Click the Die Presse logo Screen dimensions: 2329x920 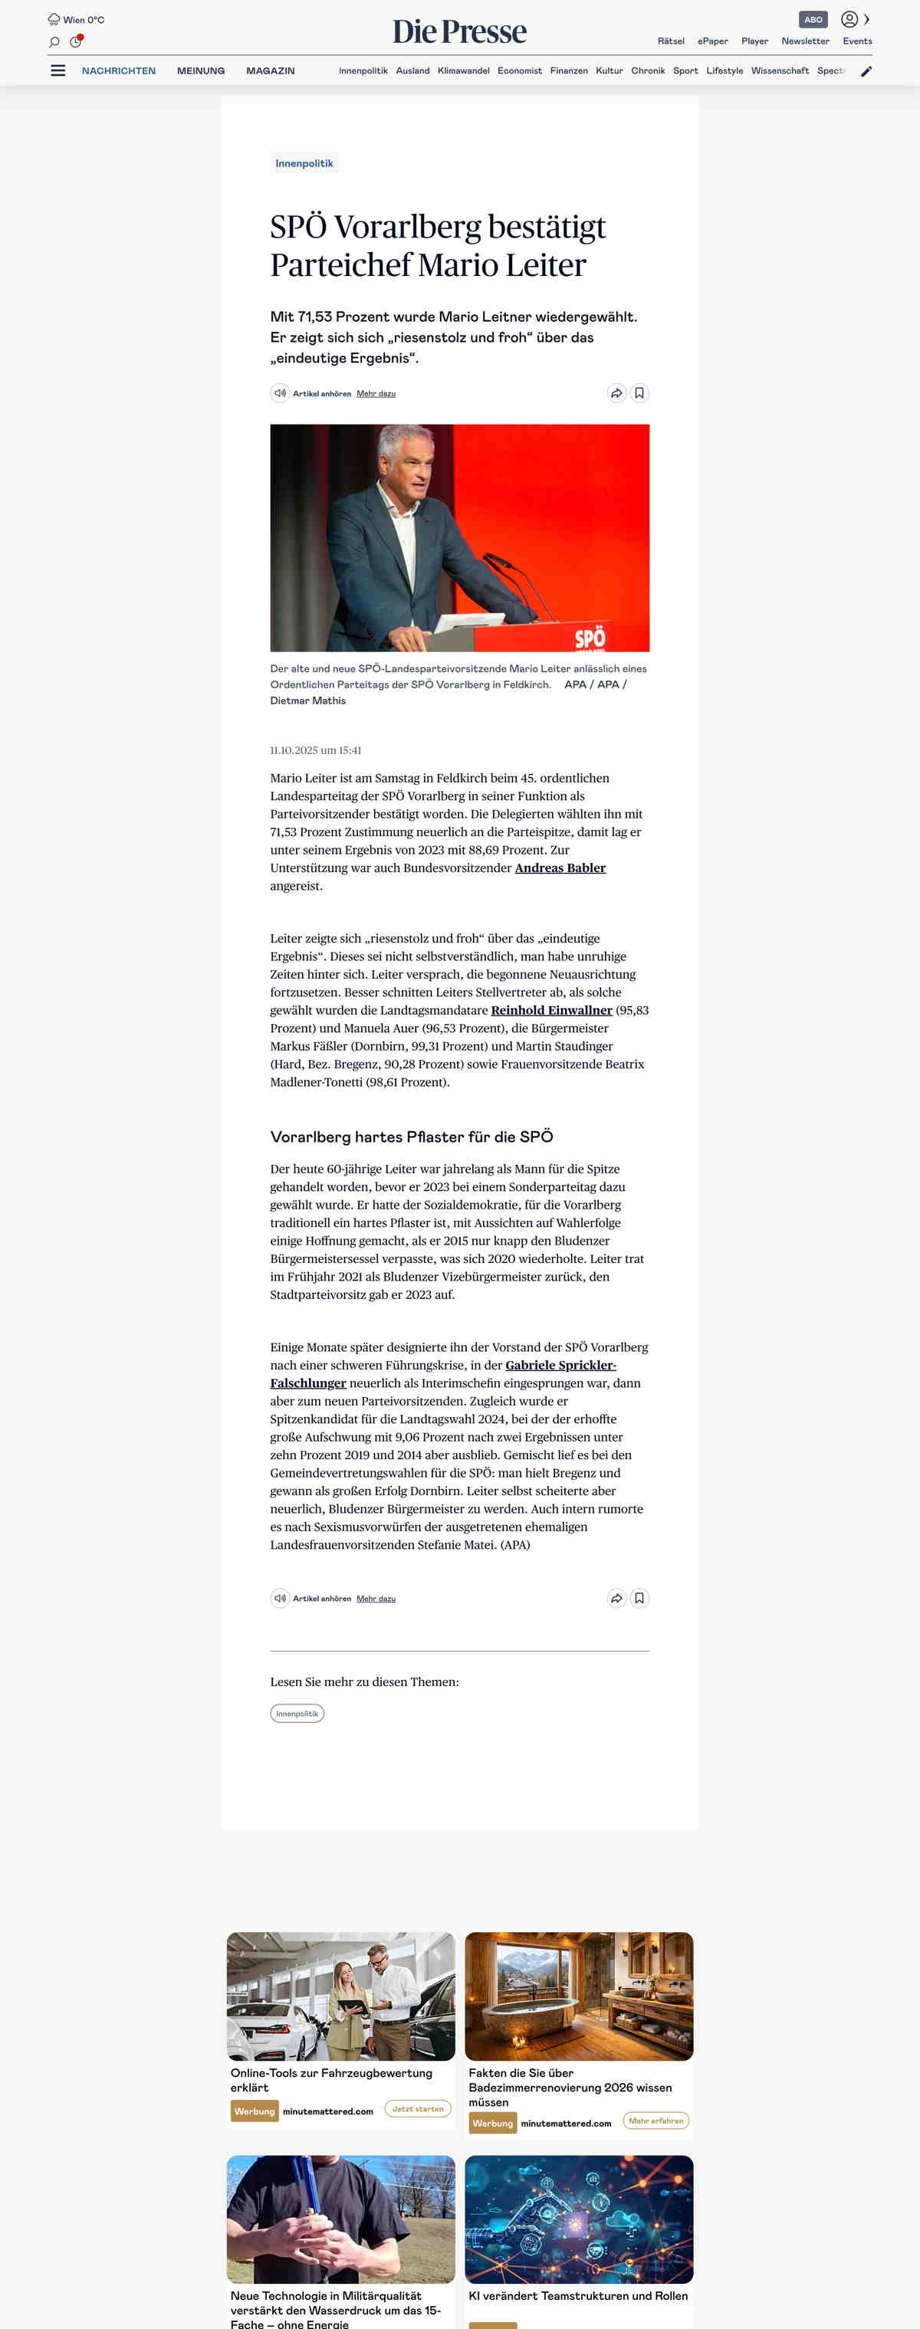click(x=459, y=31)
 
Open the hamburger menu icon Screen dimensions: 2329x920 click(x=58, y=71)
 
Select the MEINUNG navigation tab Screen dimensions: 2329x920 click(x=201, y=71)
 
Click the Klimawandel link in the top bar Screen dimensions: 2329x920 click(x=463, y=71)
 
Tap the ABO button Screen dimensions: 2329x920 click(x=813, y=19)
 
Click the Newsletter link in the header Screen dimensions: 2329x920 click(x=805, y=41)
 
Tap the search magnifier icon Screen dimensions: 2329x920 click(x=54, y=41)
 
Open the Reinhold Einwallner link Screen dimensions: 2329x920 click(x=551, y=1010)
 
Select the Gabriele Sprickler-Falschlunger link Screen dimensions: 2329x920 click(x=560, y=1365)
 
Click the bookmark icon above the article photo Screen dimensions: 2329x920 click(x=639, y=393)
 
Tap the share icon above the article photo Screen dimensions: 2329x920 click(x=616, y=393)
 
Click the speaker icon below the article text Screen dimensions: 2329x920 click(x=281, y=1599)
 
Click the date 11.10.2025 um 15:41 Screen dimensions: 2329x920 click(x=316, y=750)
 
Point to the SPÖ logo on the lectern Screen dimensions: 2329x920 click(x=590, y=638)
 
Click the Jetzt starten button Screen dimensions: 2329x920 click(x=418, y=2108)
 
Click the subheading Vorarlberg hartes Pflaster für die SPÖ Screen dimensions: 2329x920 click(x=412, y=1137)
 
